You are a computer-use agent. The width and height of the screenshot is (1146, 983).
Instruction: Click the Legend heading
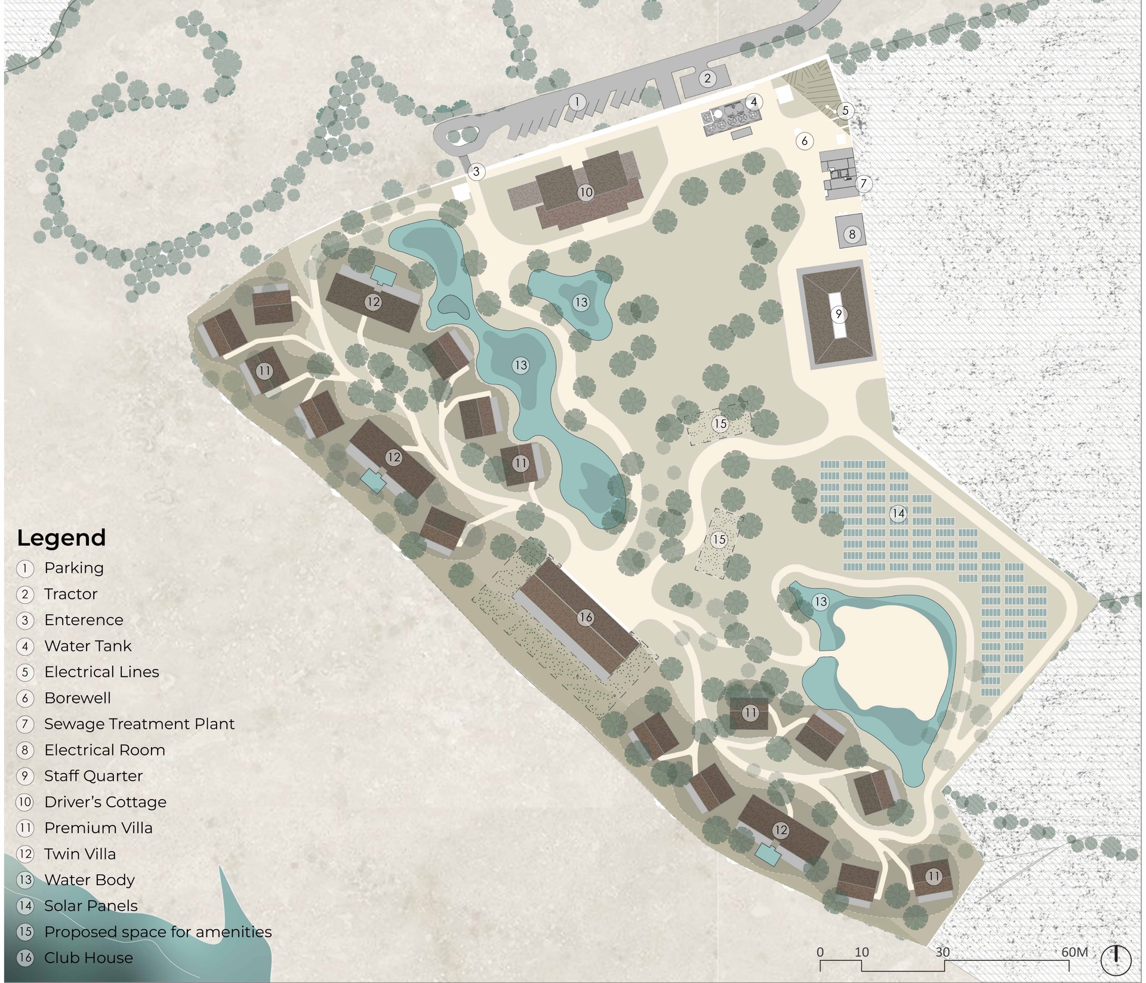tap(61, 538)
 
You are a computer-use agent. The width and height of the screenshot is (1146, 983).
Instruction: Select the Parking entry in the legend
tap(73, 568)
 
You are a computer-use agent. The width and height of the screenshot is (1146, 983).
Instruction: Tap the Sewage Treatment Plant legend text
tap(139, 724)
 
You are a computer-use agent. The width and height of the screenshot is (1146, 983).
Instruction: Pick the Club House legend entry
tap(88, 958)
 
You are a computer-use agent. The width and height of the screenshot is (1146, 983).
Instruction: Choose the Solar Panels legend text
tap(91, 906)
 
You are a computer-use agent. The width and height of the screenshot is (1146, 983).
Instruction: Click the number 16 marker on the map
tap(586, 618)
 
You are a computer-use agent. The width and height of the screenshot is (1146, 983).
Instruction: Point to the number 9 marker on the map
tap(839, 314)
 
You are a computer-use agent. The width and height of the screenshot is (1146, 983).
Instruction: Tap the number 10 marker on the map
tap(586, 192)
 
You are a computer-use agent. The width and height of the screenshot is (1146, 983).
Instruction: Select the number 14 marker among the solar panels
tap(898, 513)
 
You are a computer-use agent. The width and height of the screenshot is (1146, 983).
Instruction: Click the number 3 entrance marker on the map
tap(476, 172)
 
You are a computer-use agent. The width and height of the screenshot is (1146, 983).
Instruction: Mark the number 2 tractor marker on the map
tap(707, 78)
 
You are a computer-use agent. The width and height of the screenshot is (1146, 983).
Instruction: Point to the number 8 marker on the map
tap(852, 234)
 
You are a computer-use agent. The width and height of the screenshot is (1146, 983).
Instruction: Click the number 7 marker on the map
tap(863, 183)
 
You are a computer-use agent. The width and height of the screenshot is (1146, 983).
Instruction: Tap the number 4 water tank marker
tap(753, 102)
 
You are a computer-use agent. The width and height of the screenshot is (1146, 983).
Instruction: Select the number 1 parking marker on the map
tap(577, 102)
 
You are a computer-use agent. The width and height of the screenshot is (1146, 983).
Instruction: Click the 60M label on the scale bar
tap(1074, 952)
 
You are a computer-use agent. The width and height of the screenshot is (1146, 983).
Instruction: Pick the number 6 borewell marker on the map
tap(805, 141)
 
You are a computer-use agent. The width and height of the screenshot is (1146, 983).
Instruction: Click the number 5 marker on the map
tap(845, 110)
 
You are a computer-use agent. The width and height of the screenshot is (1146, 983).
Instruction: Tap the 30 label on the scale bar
tap(942, 952)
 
